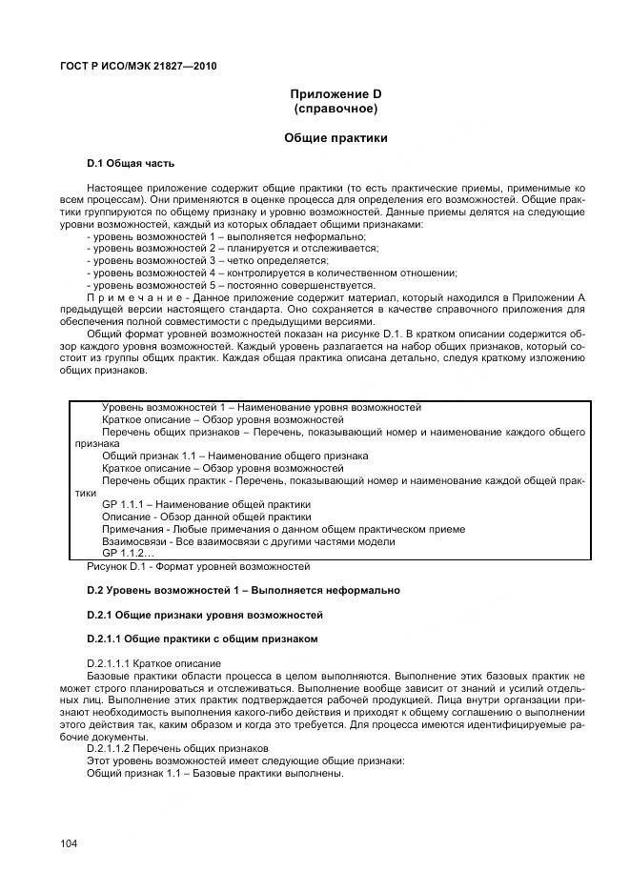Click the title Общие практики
click(x=335, y=138)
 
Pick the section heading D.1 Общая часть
click(x=131, y=164)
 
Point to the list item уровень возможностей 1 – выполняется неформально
click(x=226, y=235)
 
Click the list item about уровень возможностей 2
click(x=232, y=248)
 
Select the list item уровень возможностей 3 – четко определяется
click(x=207, y=260)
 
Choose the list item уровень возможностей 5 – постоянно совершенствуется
click(x=230, y=285)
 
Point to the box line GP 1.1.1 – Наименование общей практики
click(x=206, y=504)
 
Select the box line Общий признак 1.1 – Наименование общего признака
click(x=234, y=456)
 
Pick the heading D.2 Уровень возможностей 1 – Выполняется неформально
click(x=243, y=591)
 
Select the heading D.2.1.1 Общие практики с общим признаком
click(x=202, y=639)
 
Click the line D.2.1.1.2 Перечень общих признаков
click(x=178, y=749)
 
